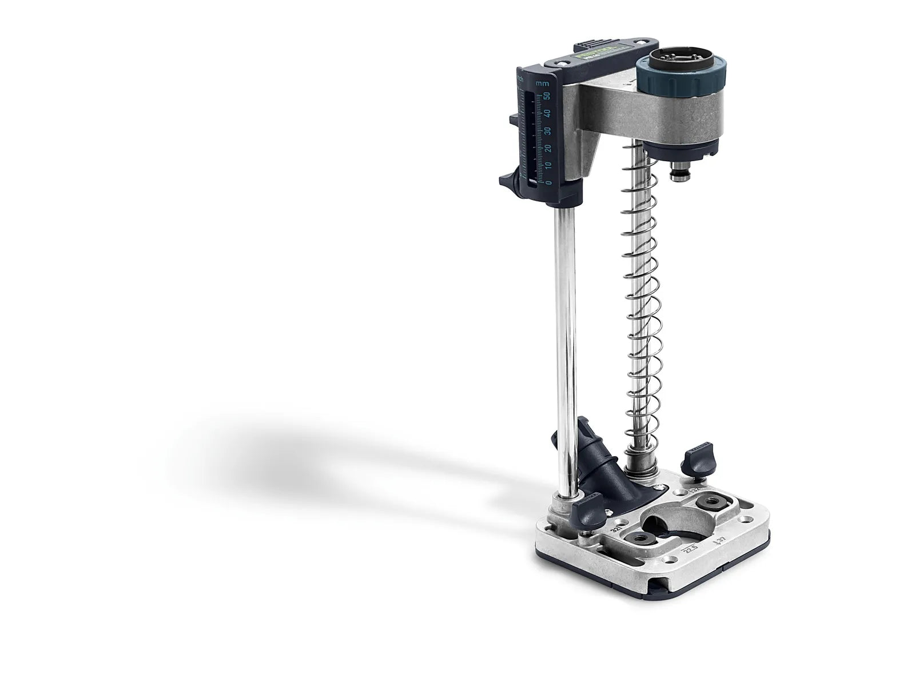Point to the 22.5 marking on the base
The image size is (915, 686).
tap(689, 550)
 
